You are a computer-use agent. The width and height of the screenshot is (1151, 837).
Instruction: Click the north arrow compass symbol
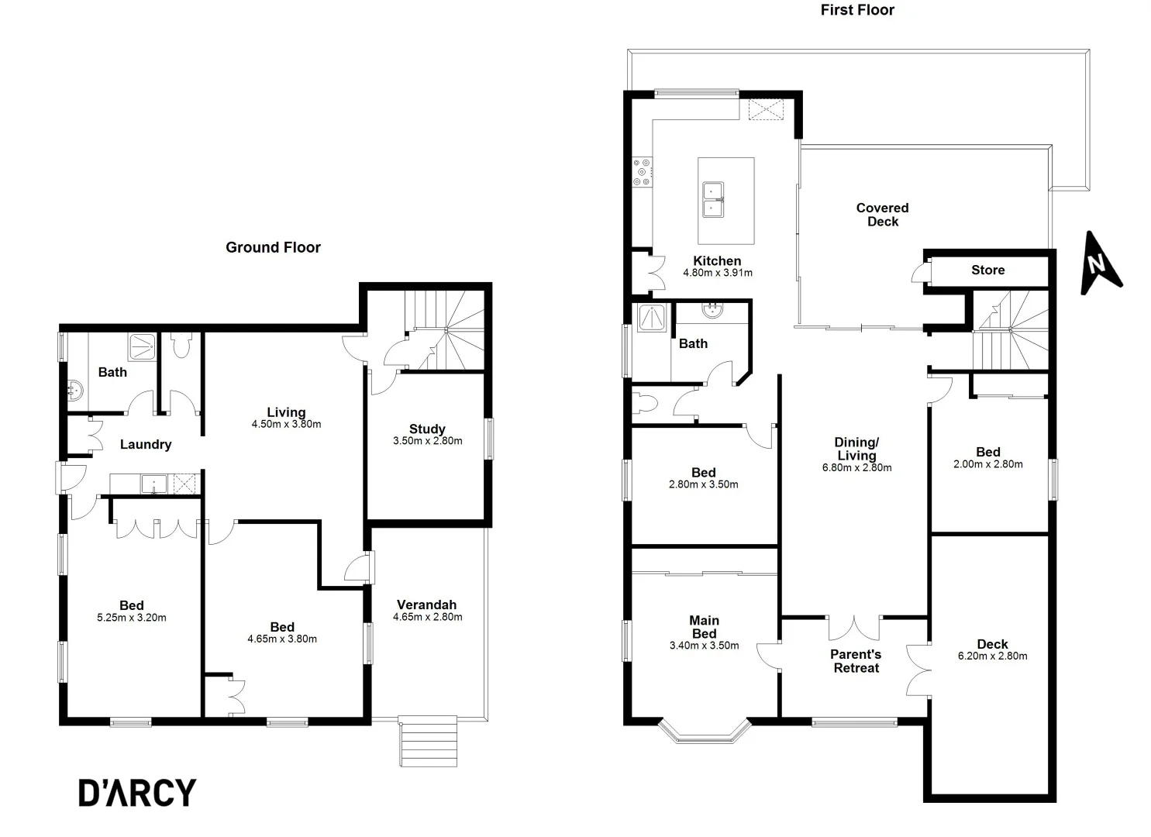(x=1099, y=264)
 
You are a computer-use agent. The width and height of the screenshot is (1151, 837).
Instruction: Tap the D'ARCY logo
(x=137, y=793)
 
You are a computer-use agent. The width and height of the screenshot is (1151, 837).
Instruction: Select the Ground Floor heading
(x=273, y=247)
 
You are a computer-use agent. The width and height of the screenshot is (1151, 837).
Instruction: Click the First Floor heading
(x=857, y=10)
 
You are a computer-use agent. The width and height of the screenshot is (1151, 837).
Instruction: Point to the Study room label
(x=427, y=429)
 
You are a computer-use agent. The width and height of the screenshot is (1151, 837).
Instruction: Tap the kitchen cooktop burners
(x=643, y=172)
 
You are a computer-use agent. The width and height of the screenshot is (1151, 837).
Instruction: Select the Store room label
(x=987, y=270)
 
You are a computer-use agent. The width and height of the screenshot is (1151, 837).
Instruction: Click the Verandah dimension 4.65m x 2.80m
(x=427, y=618)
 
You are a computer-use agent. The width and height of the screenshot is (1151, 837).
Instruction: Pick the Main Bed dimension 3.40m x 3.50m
(x=704, y=646)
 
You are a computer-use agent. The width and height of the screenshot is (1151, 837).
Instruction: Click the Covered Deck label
(x=882, y=215)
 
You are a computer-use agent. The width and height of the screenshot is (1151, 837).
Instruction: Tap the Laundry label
(x=146, y=444)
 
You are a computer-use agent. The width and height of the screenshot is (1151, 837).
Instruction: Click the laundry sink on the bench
(x=153, y=485)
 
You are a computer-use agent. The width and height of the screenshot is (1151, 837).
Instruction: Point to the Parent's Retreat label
(x=856, y=661)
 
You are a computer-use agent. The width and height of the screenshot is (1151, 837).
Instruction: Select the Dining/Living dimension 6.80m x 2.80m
(x=856, y=468)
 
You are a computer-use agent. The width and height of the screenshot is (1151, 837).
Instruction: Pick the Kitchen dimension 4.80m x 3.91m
(x=717, y=273)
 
